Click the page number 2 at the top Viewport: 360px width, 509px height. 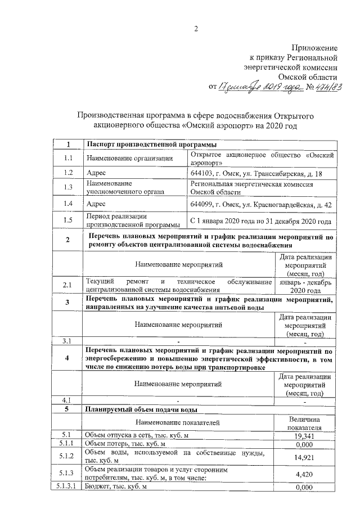click(x=196, y=29)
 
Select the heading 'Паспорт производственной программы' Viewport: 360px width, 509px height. click(x=146, y=145)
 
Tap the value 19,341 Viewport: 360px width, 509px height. click(x=304, y=435)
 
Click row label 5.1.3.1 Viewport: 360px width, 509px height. click(x=67, y=487)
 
